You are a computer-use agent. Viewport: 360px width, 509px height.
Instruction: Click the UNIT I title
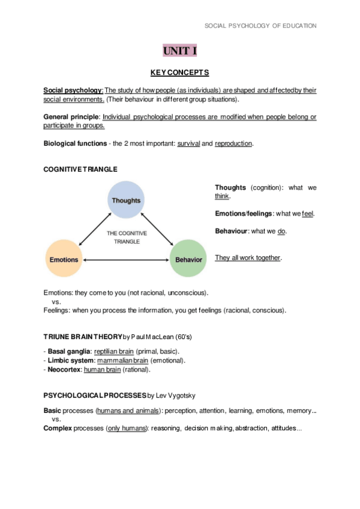coord(180,51)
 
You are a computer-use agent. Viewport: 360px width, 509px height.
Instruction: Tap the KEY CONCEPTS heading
coord(180,73)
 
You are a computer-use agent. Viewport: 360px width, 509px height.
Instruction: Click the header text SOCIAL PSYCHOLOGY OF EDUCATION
coord(260,26)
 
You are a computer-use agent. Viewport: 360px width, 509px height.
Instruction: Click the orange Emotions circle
coord(64,259)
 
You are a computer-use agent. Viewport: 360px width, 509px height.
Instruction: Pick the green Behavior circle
coord(188,259)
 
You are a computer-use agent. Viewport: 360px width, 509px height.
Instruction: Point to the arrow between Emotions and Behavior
coord(126,260)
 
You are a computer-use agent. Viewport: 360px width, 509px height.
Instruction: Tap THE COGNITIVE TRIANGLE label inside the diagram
coord(127,237)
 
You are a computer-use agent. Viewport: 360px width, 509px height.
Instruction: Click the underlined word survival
coord(188,144)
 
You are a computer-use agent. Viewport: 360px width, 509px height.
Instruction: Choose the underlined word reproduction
coord(233,144)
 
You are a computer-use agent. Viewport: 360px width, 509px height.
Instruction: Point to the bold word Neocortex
coord(64,370)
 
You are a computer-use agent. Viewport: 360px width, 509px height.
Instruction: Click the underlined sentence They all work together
coord(248,258)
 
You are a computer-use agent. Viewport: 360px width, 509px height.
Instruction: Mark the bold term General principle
coord(71,117)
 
